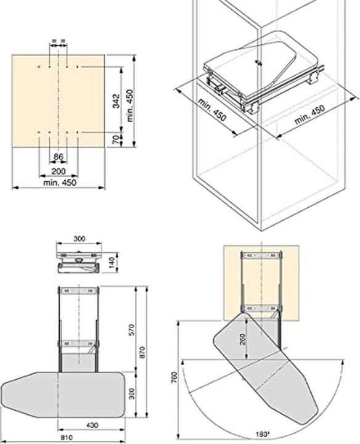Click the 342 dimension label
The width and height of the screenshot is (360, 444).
(x=117, y=101)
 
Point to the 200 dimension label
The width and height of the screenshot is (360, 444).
(x=59, y=171)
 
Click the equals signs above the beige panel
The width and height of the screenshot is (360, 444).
(x=59, y=43)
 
